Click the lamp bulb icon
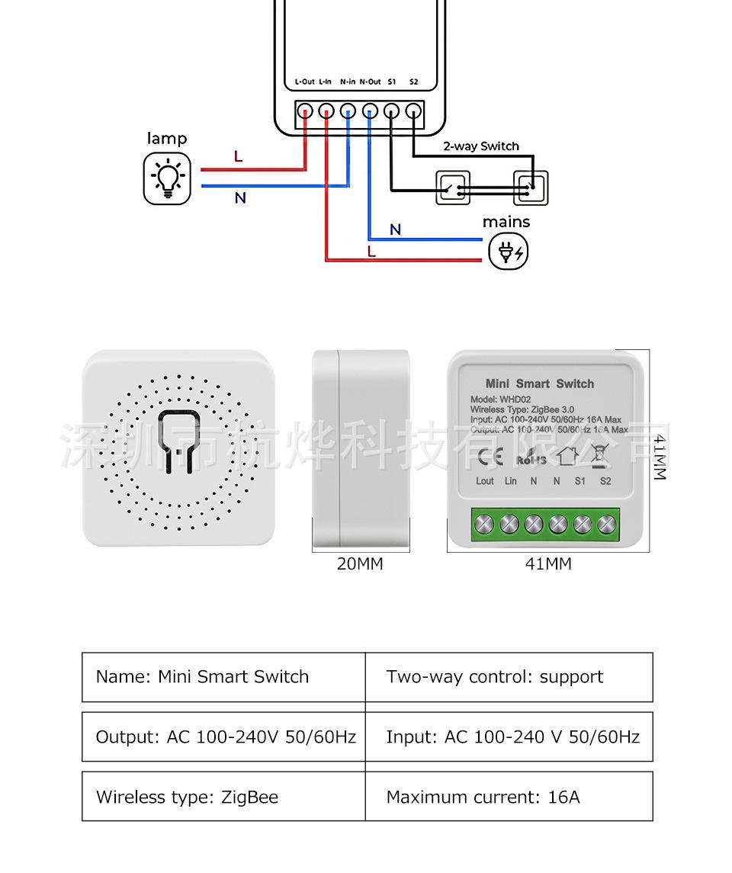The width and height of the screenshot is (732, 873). tap(166, 178)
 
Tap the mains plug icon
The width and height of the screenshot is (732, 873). tap(508, 251)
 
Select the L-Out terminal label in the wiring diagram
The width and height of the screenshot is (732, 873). tap(304, 82)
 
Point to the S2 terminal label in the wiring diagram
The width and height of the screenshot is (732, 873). tap(413, 82)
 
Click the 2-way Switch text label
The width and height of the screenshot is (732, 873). tap(481, 146)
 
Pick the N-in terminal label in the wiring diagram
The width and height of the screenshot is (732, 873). tap(348, 82)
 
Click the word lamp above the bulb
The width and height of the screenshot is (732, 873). tap(166, 139)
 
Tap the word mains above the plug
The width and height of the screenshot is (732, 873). tap(506, 222)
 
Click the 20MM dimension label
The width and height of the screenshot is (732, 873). tap(360, 564)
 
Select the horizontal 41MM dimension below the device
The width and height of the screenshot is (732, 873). tap(547, 564)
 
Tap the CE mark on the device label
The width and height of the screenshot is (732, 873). tap(490, 457)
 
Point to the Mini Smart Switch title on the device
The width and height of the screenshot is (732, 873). tap(539, 384)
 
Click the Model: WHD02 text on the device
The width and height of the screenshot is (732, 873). tap(500, 400)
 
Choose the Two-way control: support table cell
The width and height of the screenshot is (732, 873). tap(494, 677)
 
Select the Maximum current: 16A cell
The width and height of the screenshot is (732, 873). tap(483, 798)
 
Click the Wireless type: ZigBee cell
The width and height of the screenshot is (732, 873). tap(187, 798)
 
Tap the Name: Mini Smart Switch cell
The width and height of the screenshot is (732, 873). tap(202, 677)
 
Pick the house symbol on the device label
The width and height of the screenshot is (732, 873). tap(567, 456)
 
